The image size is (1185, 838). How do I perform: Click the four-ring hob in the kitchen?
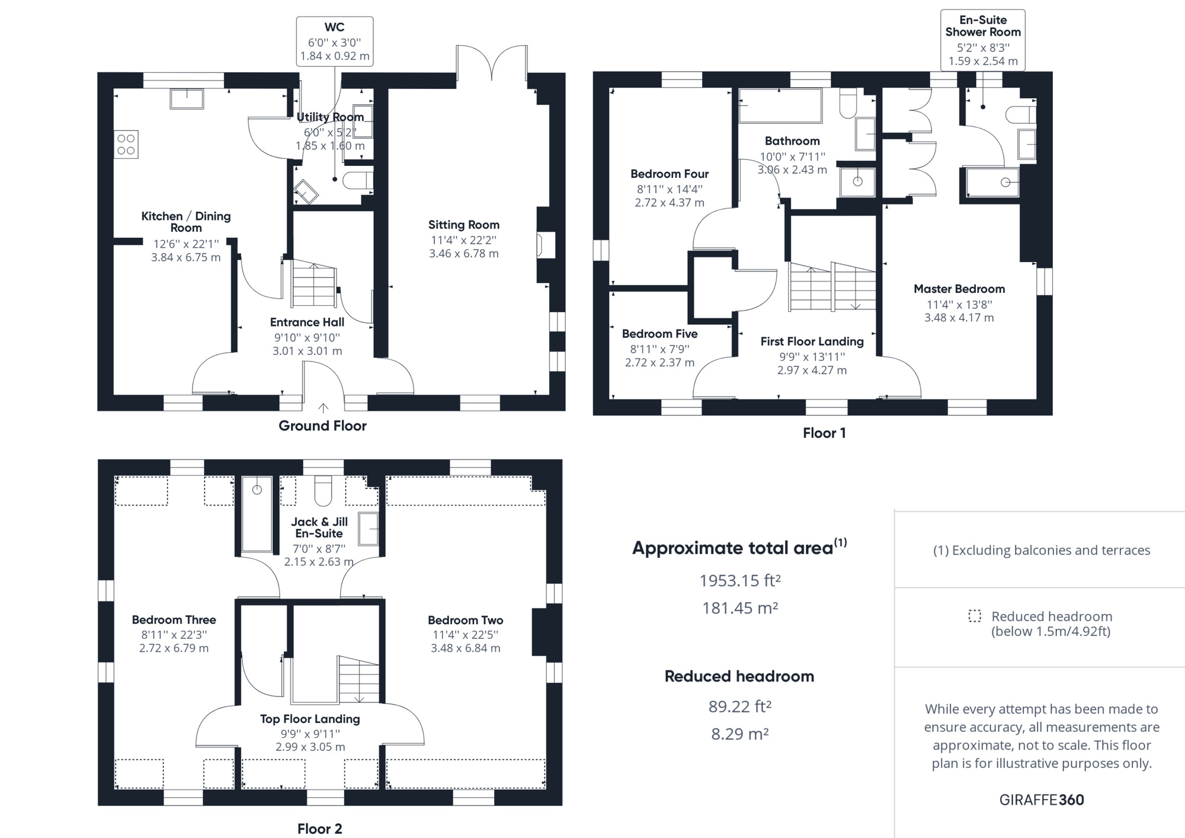coord(126,144)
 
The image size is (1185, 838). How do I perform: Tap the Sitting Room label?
coord(463,225)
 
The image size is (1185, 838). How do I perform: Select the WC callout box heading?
coord(334,27)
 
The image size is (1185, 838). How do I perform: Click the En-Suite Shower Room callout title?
coord(983,26)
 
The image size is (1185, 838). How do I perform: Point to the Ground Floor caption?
coord(322,426)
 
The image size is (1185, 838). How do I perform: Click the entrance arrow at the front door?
coord(323,408)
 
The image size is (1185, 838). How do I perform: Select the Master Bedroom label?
coord(959,289)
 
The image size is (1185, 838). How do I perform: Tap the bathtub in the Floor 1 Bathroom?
coord(780,105)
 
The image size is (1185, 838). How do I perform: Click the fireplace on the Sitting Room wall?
coord(546,245)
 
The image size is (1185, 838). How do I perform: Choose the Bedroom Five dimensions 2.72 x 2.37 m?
coord(659,362)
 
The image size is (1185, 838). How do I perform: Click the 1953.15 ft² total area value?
coord(739,580)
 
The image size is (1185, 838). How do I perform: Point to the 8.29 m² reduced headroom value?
coord(739,734)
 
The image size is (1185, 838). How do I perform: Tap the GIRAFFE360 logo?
coord(1041,799)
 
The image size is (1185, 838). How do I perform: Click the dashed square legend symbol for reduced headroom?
coord(974,616)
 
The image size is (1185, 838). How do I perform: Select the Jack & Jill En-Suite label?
coord(319,527)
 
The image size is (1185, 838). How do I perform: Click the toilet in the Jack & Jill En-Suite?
coord(323,490)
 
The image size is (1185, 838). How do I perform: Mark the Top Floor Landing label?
coord(310,719)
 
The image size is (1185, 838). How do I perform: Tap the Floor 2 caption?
coord(319,829)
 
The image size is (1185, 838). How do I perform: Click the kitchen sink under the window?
coord(187,98)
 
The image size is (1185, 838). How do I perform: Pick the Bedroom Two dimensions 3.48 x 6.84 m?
coord(465,648)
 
